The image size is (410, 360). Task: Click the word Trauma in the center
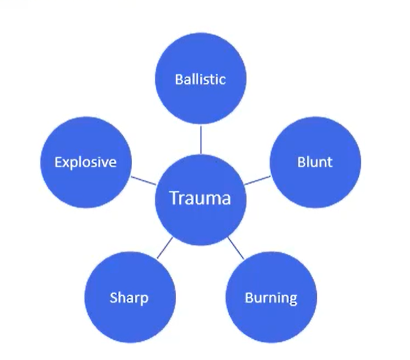point(200,199)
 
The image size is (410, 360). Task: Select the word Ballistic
point(200,79)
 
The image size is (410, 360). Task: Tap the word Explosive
point(85,162)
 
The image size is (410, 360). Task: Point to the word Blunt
point(315,162)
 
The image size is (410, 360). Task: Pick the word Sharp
point(129,298)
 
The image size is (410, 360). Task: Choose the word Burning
point(271,298)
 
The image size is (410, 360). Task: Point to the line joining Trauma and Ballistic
point(200,139)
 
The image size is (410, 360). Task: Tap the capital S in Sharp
point(113,298)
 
